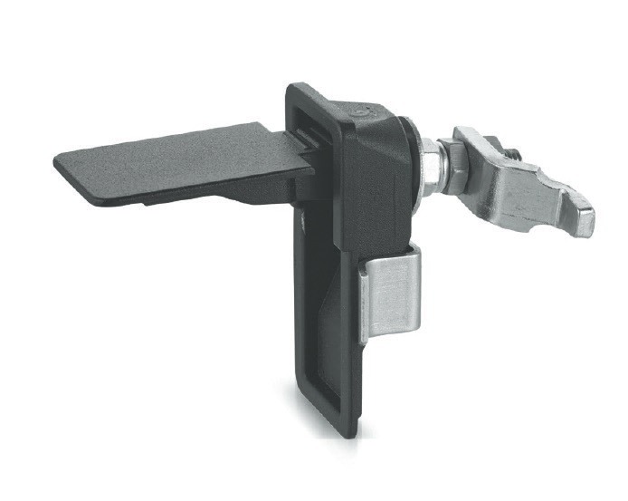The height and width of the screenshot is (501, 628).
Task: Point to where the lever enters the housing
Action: tap(303, 149)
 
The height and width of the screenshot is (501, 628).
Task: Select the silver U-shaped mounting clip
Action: tap(391, 294)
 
